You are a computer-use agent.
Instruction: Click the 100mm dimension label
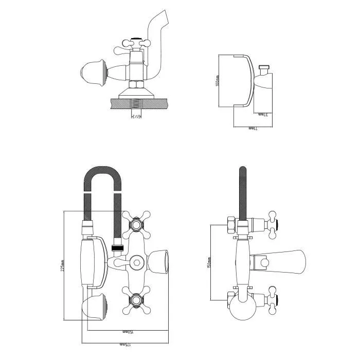tap(218, 81)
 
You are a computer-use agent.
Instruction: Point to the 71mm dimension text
tap(252, 127)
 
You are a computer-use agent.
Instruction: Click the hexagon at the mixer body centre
tap(136, 261)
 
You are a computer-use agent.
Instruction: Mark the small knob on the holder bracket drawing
tap(265, 67)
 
